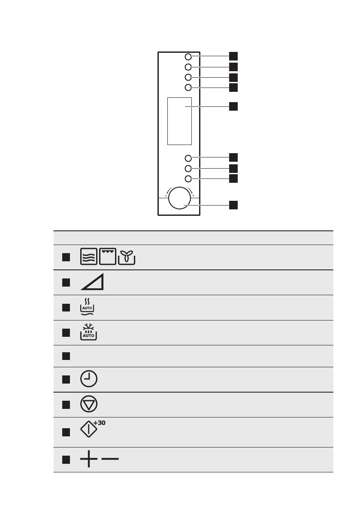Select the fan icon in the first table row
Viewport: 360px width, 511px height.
point(127,257)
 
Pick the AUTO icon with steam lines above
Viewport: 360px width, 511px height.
point(88,307)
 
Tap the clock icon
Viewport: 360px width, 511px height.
point(88,379)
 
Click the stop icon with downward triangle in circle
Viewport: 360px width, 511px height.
point(88,405)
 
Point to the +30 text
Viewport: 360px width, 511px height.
point(100,423)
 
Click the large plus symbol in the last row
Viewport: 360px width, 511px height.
point(88,460)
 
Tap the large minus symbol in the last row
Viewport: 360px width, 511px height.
point(110,460)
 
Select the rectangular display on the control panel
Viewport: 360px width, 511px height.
point(179,121)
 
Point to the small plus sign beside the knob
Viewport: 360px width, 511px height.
point(193,196)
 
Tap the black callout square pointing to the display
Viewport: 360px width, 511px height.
point(233,106)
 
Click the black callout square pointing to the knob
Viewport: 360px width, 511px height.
point(233,205)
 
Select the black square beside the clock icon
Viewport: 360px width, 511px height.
point(65,379)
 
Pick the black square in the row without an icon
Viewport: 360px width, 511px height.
point(65,356)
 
